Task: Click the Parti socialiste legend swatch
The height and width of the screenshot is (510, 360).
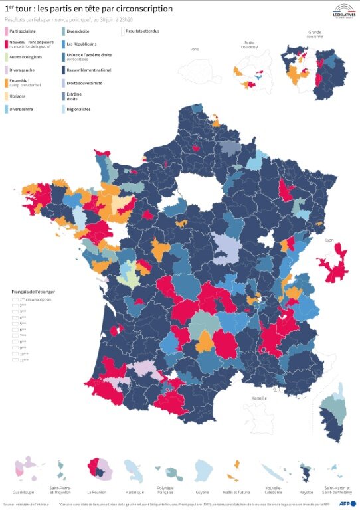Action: pyautogui.click(x=7, y=31)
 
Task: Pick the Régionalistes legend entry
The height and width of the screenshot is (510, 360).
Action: pyautogui.click(x=78, y=109)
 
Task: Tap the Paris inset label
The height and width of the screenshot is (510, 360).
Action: pyautogui.click(x=195, y=50)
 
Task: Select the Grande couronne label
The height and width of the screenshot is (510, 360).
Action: pyautogui.click(x=314, y=34)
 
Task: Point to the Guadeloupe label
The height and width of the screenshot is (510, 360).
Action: pyautogui.click(x=23, y=492)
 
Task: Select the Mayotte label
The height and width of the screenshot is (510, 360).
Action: pyautogui.click(x=307, y=492)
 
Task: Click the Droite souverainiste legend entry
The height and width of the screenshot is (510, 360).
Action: pyautogui.click(x=83, y=83)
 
